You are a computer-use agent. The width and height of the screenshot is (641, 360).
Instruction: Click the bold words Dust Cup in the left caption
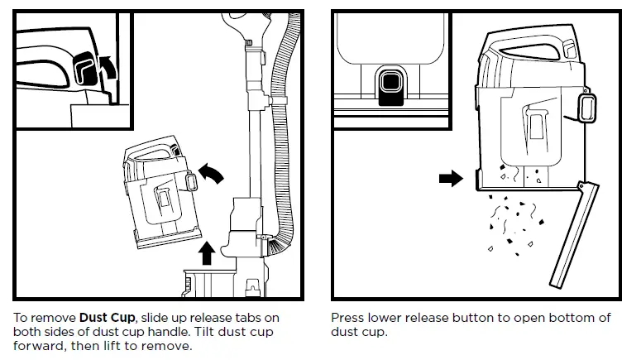(106, 318)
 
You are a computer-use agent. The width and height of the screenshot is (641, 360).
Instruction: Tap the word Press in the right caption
(349, 318)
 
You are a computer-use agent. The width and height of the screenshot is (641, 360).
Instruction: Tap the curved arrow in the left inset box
(106, 65)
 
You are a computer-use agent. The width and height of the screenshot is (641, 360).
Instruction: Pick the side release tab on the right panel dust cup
(588, 108)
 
